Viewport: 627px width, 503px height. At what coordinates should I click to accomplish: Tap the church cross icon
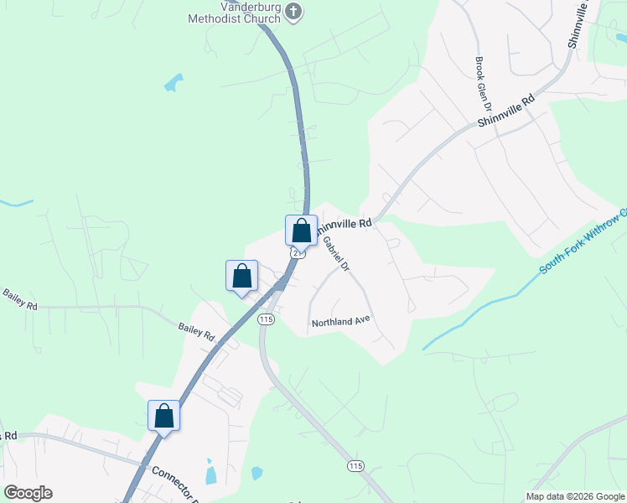[x=293, y=11]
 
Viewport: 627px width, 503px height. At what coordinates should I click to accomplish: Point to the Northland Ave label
[x=340, y=322]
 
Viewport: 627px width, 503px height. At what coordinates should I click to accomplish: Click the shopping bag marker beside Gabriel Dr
[x=301, y=231]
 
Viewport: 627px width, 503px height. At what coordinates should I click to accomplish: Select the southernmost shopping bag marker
[x=163, y=416]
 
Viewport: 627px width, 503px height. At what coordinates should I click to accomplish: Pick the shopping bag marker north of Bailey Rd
[x=241, y=275]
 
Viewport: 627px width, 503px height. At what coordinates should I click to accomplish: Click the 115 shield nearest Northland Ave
[x=267, y=319]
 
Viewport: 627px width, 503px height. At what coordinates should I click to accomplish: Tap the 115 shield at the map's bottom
[x=355, y=464]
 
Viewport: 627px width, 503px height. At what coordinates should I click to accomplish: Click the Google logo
[x=28, y=493]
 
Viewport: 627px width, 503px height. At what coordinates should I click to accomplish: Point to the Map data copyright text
[x=574, y=496]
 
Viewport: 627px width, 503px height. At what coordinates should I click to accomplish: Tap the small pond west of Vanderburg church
[x=174, y=82]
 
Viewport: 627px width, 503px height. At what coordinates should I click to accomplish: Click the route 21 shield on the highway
[x=294, y=251]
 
